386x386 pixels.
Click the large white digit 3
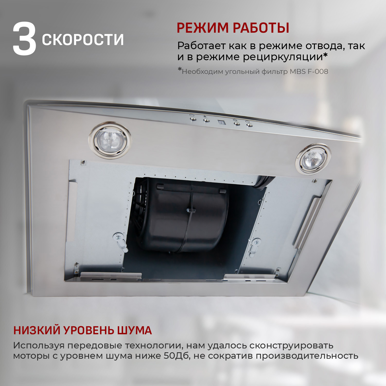24,39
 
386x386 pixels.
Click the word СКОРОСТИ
83,40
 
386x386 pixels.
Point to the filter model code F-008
318,72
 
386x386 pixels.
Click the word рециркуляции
283,57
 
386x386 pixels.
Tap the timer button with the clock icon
193,119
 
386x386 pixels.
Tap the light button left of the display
206,120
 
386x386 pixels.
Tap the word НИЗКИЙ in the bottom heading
36,330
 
